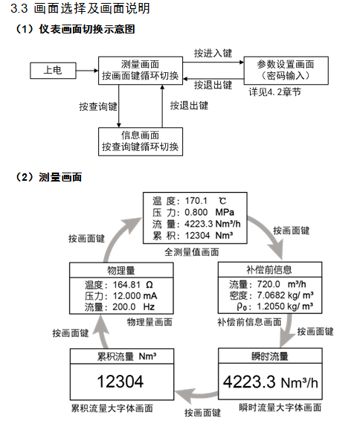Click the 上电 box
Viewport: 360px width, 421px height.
tap(53, 71)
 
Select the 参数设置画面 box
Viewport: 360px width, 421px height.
tap(286, 71)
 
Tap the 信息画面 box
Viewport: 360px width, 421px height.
tap(141, 141)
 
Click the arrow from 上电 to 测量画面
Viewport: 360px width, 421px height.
tap(87, 71)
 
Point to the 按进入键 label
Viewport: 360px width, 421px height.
tap(213, 53)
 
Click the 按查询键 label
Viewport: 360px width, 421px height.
tap(98, 106)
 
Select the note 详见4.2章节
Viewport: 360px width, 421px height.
tap(275, 92)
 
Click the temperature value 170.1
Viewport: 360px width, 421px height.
tap(196, 201)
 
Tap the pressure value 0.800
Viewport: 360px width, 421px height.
tap(196, 212)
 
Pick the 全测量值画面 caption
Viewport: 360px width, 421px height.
tap(192, 252)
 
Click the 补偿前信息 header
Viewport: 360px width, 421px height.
tap(269, 269)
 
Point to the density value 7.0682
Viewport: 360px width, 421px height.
tap(271, 295)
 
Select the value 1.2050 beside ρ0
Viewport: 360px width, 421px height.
tap(271, 306)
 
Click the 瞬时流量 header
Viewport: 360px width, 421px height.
tap(270, 356)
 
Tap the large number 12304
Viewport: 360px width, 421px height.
tap(120, 382)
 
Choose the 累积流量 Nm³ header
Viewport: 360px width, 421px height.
tap(126, 356)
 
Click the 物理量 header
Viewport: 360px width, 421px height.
tap(121, 270)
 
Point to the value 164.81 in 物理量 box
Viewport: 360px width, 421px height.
tap(126, 285)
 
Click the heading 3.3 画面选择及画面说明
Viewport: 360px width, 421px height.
tap(80, 8)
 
